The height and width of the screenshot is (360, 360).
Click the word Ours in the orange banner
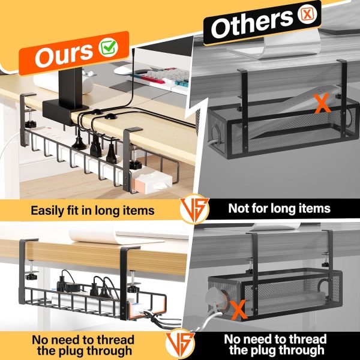point(64,55)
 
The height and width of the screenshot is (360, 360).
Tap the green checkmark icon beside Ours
point(109,47)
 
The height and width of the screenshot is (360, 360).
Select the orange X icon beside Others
point(307,14)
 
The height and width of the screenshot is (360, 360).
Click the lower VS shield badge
point(180,344)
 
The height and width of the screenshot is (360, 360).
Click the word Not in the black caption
point(239,208)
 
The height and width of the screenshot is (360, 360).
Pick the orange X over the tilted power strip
point(323,104)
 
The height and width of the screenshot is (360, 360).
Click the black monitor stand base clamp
point(65,112)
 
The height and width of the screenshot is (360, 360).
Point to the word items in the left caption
point(140,211)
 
